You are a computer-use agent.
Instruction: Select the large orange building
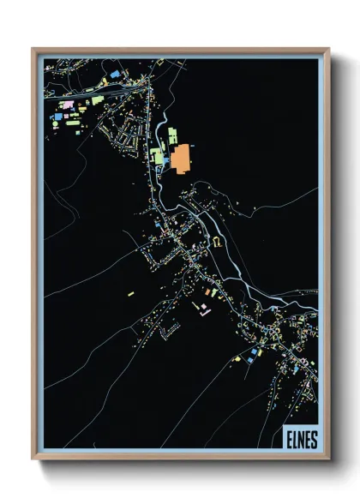tap(180, 159)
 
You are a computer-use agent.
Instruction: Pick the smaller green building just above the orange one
tap(172, 135)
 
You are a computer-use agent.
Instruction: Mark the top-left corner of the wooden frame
tap(33, 49)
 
